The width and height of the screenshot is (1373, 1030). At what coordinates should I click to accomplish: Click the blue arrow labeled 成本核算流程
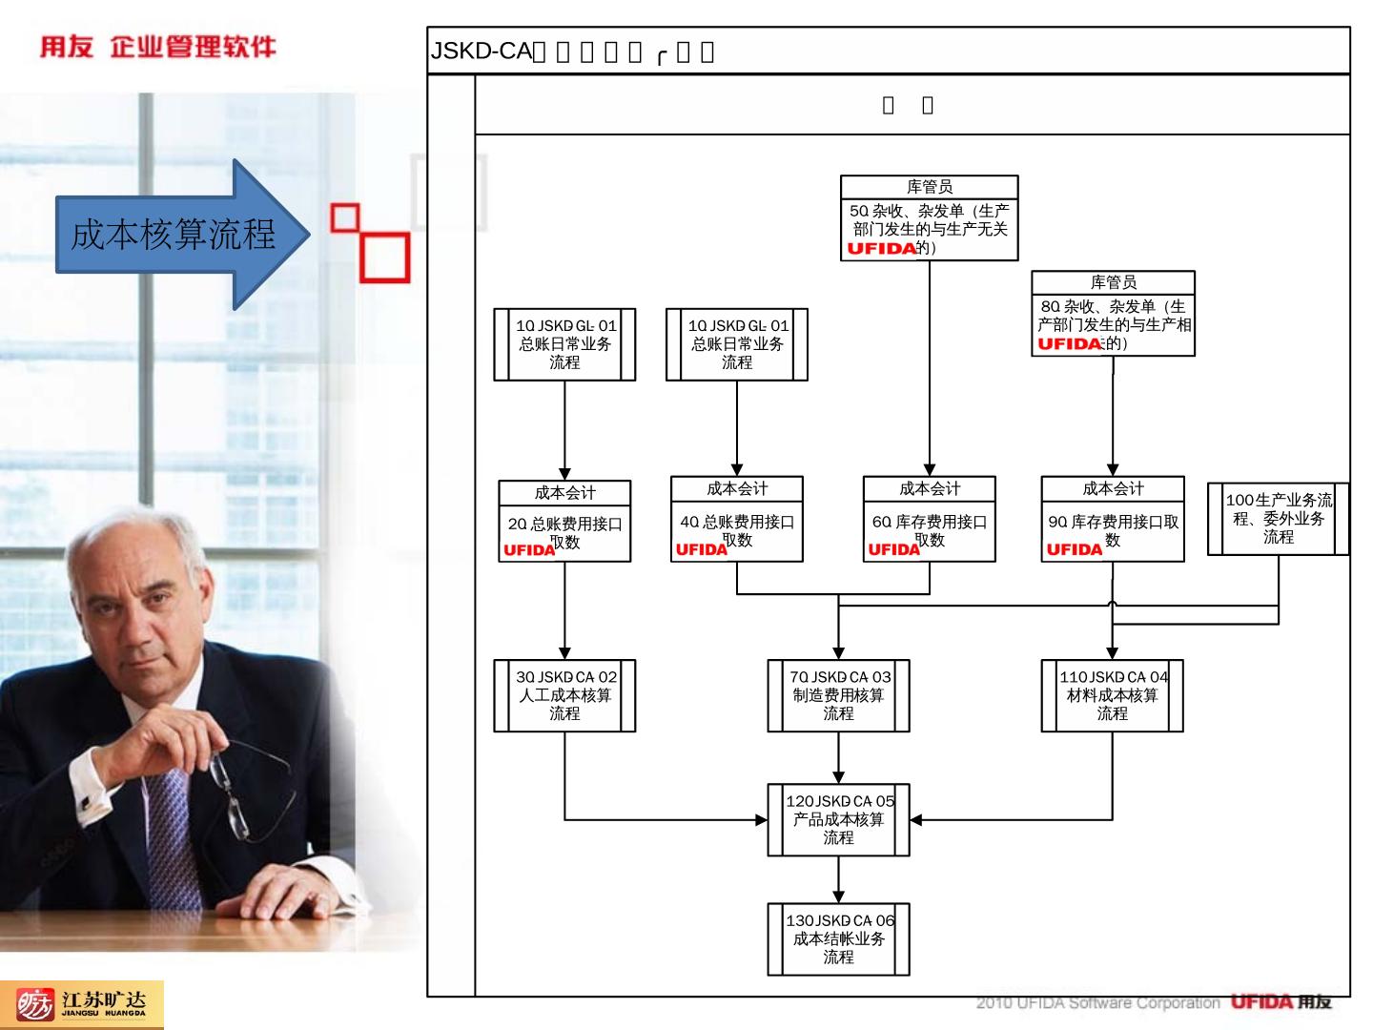click(x=176, y=234)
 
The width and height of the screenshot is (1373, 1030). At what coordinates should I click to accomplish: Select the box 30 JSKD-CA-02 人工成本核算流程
click(x=564, y=695)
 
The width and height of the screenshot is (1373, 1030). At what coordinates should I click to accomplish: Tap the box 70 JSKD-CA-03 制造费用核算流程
click(x=838, y=695)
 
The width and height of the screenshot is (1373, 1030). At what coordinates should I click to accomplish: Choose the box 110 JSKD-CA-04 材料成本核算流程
click(x=1112, y=695)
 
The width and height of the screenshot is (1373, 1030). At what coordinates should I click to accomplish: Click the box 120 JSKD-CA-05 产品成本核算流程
click(x=838, y=819)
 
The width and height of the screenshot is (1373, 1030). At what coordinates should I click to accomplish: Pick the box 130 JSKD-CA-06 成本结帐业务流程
click(x=838, y=938)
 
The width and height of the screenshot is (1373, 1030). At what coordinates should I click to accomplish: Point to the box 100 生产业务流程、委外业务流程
click(x=1279, y=518)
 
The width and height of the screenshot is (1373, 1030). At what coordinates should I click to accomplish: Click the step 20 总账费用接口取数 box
click(x=564, y=521)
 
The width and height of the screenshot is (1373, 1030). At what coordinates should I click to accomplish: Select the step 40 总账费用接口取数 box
click(x=737, y=519)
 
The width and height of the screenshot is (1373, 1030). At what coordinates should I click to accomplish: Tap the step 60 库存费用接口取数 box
click(x=930, y=519)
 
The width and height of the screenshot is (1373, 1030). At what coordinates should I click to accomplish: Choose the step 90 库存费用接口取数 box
click(x=1113, y=519)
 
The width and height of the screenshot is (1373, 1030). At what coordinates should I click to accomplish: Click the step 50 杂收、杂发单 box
click(x=930, y=217)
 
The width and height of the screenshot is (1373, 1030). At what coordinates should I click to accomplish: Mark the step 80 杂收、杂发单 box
click(x=1113, y=314)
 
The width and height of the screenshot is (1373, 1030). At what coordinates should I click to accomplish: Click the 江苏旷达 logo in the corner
click(x=82, y=1004)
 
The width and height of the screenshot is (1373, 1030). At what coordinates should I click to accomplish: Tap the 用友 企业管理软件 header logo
click(x=157, y=47)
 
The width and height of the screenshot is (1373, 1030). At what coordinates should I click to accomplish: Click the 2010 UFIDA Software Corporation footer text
click(x=1097, y=1003)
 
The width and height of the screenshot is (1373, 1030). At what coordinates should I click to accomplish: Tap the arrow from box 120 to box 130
click(x=838, y=879)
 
